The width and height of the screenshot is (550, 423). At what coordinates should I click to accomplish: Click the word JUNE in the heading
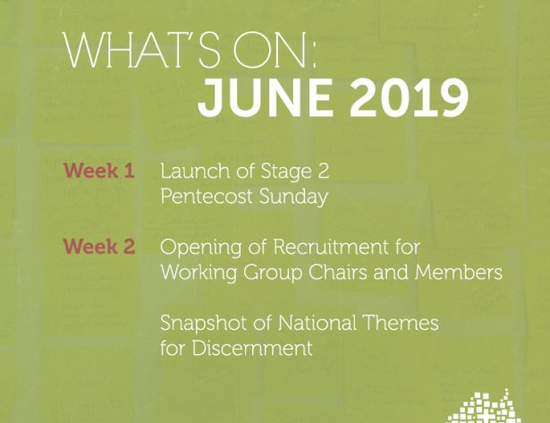pyautogui.click(x=266, y=98)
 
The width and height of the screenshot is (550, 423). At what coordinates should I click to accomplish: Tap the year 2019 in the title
pyautogui.click(x=409, y=98)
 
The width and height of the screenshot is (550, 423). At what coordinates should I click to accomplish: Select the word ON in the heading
pyautogui.click(x=269, y=50)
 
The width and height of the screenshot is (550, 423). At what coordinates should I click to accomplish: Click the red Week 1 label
pyautogui.click(x=99, y=171)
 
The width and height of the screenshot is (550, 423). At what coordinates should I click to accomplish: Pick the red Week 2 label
pyautogui.click(x=99, y=246)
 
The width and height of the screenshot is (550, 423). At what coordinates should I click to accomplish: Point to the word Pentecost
pyautogui.click(x=207, y=196)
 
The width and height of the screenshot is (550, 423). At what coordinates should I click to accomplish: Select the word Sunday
pyautogui.click(x=293, y=197)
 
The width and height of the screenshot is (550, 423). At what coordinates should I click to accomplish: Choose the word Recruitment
pyautogui.click(x=331, y=246)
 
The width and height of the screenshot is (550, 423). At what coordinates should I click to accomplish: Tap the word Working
pyautogui.click(x=199, y=274)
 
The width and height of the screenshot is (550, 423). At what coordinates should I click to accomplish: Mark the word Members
pyautogui.click(x=459, y=272)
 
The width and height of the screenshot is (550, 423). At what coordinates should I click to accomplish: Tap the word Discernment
pyautogui.click(x=252, y=348)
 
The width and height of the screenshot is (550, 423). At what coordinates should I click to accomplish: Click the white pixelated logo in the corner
pyautogui.click(x=485, y=407)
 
